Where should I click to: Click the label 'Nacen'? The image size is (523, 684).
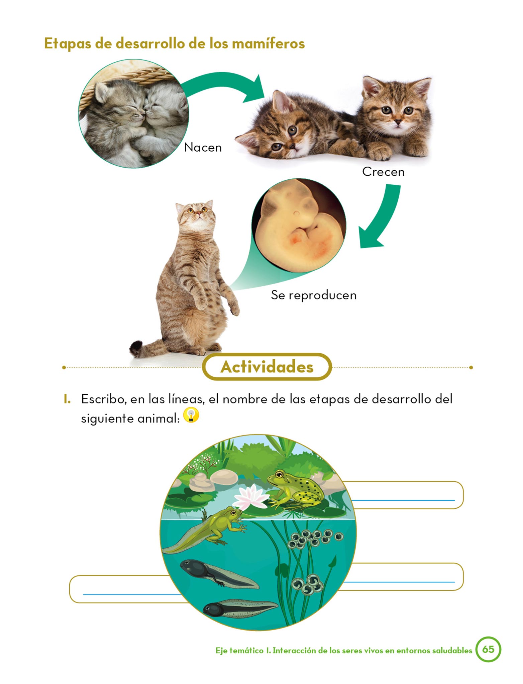(x=203, y=147)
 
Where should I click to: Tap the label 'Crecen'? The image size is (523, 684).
(x=383, y=172)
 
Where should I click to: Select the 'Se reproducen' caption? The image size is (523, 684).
(x=314, y=295)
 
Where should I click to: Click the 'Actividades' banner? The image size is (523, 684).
(x=267, y=367)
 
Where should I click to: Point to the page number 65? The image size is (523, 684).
(x=488, y=649)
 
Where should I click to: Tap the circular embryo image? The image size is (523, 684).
(x=299, y=225)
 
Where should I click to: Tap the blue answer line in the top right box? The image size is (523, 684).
(x=403, y=500)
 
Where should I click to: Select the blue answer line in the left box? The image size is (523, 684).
(x=132, y=594)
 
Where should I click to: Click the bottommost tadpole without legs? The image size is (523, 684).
(x=240, y=608)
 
